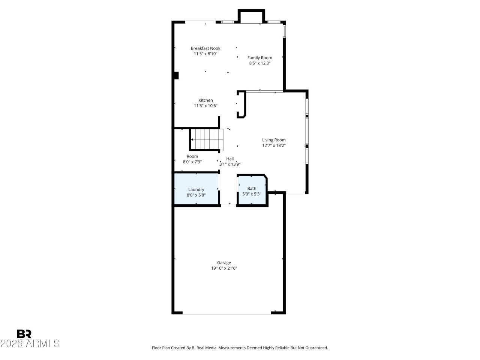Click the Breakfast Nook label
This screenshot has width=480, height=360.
(205, 48)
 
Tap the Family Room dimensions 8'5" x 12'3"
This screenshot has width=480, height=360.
(259, 63)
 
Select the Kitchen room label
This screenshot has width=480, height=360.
(205, 100)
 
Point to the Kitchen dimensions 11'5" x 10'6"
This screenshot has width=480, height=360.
(205, 106)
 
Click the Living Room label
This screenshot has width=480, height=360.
(274, 140)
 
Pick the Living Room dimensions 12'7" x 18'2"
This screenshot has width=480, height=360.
(274, 145)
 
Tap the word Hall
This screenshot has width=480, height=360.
(230, 159)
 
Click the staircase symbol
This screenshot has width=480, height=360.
(207, 139)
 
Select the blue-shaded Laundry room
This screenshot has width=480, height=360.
(196, 189)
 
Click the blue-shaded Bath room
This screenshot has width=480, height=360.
(252, 190)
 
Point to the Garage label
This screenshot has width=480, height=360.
(224, 263)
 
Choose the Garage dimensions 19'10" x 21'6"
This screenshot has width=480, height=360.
(224, 268)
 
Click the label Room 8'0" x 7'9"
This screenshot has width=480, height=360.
(192, 159)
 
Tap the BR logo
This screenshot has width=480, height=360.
(24, 334)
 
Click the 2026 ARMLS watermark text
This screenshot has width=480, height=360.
(30, 343)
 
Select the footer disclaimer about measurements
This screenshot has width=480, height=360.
(240, 348)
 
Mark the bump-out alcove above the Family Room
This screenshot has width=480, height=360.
(251, 16)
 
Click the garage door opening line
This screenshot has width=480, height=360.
(227, 314)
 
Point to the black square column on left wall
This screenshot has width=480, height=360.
(176, 75)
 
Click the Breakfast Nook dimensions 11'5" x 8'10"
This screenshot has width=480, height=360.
(205, 54)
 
